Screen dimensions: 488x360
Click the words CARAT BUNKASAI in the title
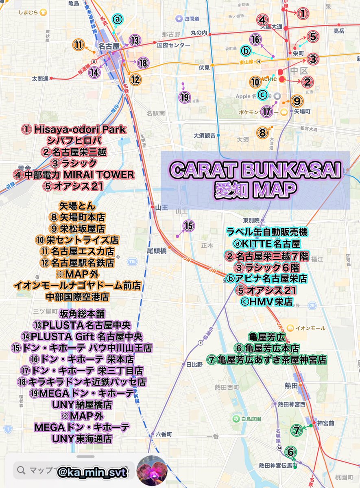255,170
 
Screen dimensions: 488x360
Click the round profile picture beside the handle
151,470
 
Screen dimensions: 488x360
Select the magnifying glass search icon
20,471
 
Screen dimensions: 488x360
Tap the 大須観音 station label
204,136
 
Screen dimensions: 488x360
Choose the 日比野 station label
194,364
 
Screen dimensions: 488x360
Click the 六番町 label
164,434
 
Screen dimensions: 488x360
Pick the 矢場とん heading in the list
76,206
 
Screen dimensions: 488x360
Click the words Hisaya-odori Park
80,129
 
